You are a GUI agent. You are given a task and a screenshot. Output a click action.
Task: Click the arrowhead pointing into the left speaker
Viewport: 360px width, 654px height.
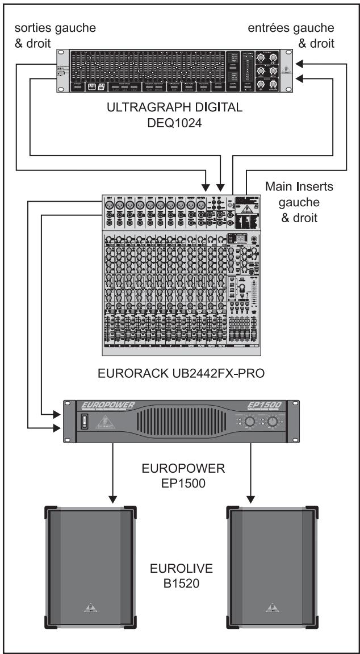pos(113,498)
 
